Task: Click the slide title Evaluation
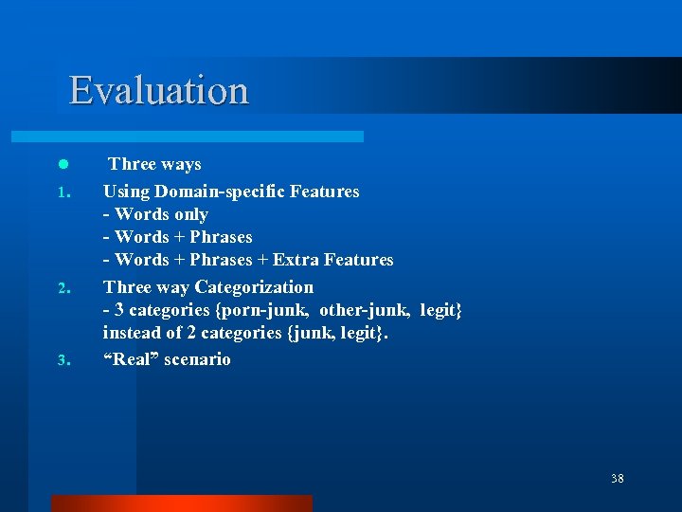[158, 91]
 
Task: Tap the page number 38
[618, 479]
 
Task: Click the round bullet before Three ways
[62, 165]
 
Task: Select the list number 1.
[62, 193]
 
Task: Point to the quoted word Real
[134, 359]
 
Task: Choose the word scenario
[197, 359]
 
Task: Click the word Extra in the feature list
[296, 260]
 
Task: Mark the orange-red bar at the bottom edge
[181, 503]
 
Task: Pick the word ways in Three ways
[181, 165]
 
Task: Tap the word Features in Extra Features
[358, 260]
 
